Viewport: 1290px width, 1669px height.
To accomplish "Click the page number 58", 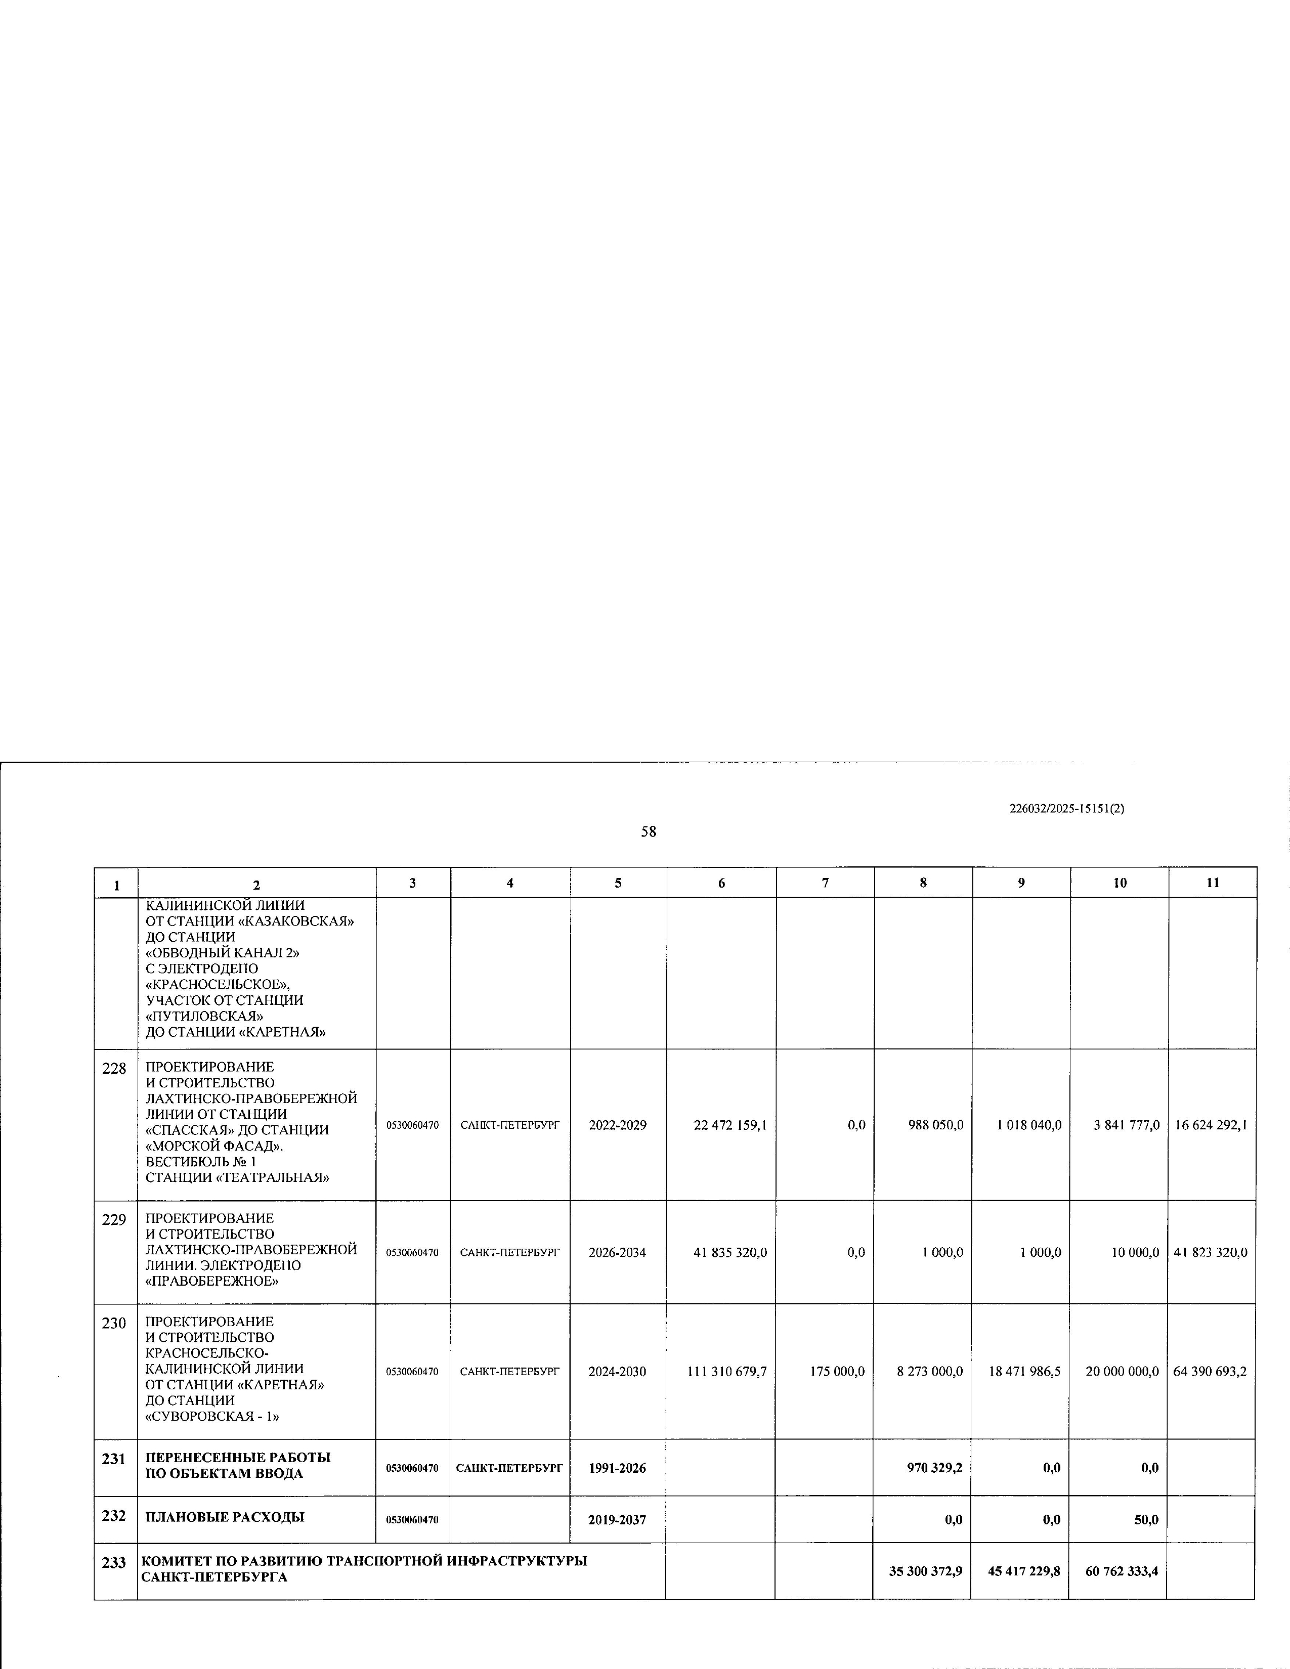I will coord(648,831).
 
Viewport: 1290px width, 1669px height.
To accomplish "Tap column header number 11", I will coord(1212,883).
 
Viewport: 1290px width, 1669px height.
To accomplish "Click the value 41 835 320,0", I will coord(730,1253).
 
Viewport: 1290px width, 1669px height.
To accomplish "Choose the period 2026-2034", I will coord(618,1253).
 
